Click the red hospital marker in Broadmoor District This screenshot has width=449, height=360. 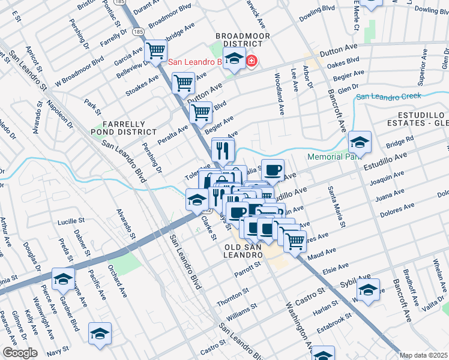(x=251, y=61)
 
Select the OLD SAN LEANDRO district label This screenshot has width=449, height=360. (x=244, y=251)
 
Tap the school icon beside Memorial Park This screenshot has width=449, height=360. (x=360, y=142)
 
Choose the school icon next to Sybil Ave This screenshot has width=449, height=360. (x=368, y=289)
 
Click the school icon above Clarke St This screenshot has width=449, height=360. (x=197, y=200)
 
